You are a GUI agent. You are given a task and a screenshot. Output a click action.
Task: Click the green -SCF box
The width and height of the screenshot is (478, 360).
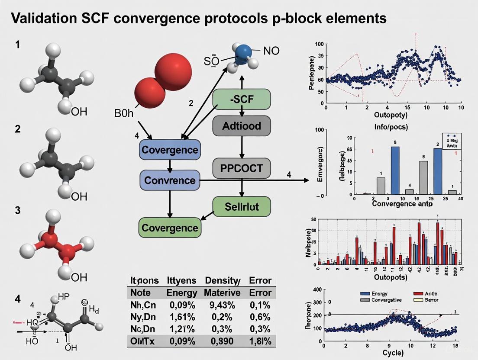(242, 100)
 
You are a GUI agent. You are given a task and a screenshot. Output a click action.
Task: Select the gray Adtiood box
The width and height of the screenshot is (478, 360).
(242, 126)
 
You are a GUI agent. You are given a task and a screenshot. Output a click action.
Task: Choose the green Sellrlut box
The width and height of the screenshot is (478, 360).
(242, 206)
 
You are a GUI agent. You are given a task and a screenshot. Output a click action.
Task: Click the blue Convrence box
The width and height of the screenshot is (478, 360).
(169, 180)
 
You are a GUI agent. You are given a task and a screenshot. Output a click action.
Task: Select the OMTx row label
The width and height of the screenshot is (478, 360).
(144, 341)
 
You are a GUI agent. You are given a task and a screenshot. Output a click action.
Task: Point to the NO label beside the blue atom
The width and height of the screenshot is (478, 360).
(271, 51)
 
